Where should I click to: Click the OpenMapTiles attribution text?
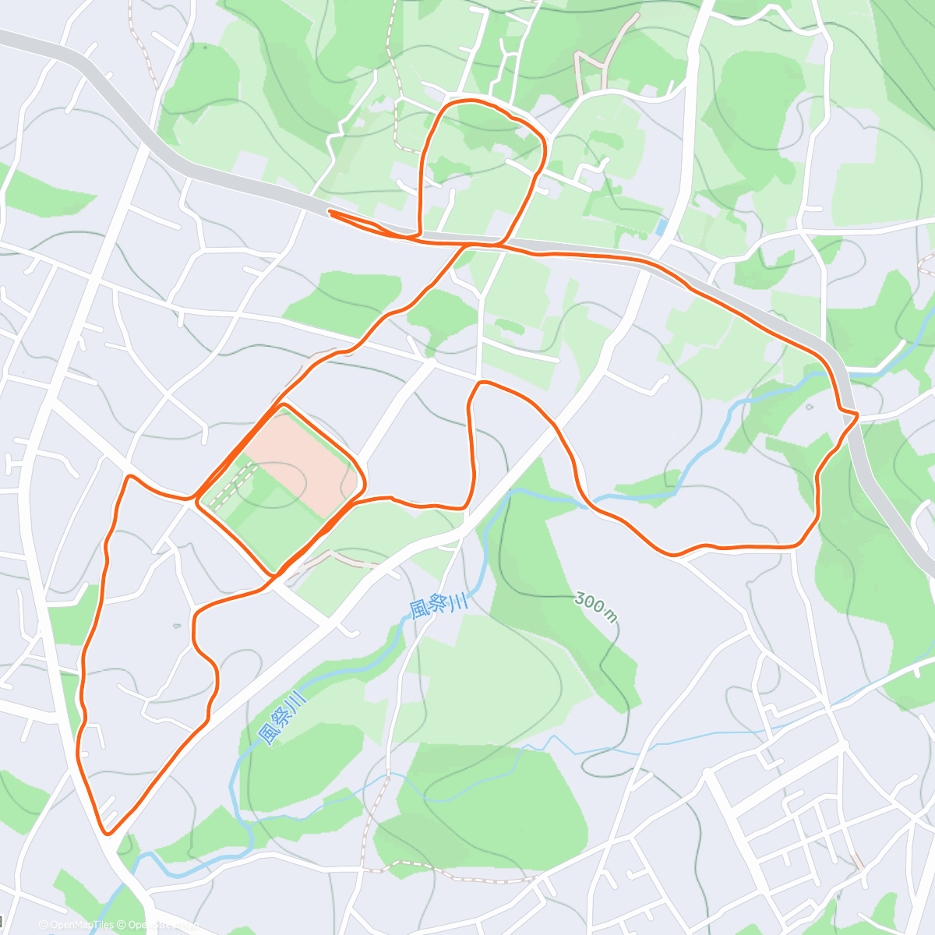tap(82, 925)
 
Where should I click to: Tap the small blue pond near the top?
tap(662, 228)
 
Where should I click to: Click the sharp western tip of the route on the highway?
tap(330, 211)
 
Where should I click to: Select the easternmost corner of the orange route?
tap(856, 415)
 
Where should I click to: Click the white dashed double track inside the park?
tap(232, 483)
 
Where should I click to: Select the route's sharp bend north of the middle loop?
tap(482, 383)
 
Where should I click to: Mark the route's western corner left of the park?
tap(129, 477)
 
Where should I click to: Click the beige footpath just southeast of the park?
tap(335, 556)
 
